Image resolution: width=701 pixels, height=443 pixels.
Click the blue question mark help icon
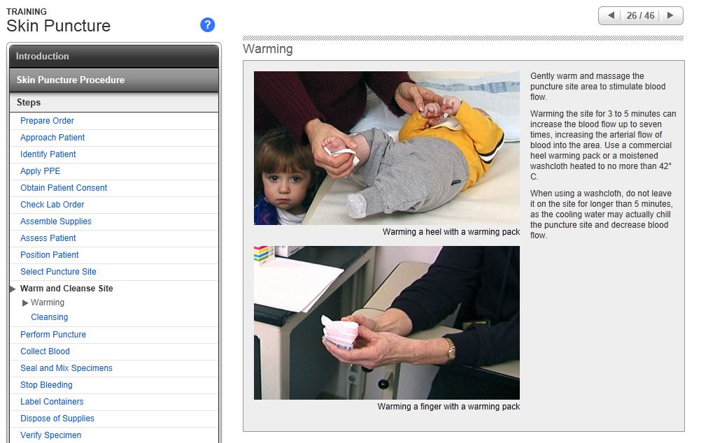point(208,25)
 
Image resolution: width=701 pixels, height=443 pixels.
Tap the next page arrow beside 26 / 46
point(670,15)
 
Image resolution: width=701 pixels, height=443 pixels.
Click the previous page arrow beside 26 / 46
point(611,15)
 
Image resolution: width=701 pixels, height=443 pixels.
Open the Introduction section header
point(114,57)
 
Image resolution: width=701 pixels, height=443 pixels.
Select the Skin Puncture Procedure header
point(114,80)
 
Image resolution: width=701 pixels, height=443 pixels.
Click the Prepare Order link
point(47,121)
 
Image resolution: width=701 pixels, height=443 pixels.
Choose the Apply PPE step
point(41,171)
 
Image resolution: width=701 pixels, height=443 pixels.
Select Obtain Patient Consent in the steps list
point(64,187)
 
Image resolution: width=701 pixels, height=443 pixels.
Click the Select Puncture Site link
point(58,272)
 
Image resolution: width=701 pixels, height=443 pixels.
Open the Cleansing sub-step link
point(49,317)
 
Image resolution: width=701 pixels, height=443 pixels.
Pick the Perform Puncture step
point(53,335)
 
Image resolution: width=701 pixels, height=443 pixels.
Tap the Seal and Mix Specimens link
point(66,368)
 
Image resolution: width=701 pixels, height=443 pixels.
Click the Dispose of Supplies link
point(57,419)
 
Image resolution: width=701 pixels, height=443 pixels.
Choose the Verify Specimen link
point(50,435)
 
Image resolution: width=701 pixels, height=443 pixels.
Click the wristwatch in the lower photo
point(449,349)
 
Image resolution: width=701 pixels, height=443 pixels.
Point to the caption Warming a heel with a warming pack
point(451,232)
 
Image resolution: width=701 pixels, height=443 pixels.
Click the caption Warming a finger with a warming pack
point(448,407)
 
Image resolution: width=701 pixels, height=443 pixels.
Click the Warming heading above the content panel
point(268,49)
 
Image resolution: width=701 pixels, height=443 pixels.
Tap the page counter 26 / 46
point(640,15)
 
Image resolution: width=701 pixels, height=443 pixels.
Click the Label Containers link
point(52,402)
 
